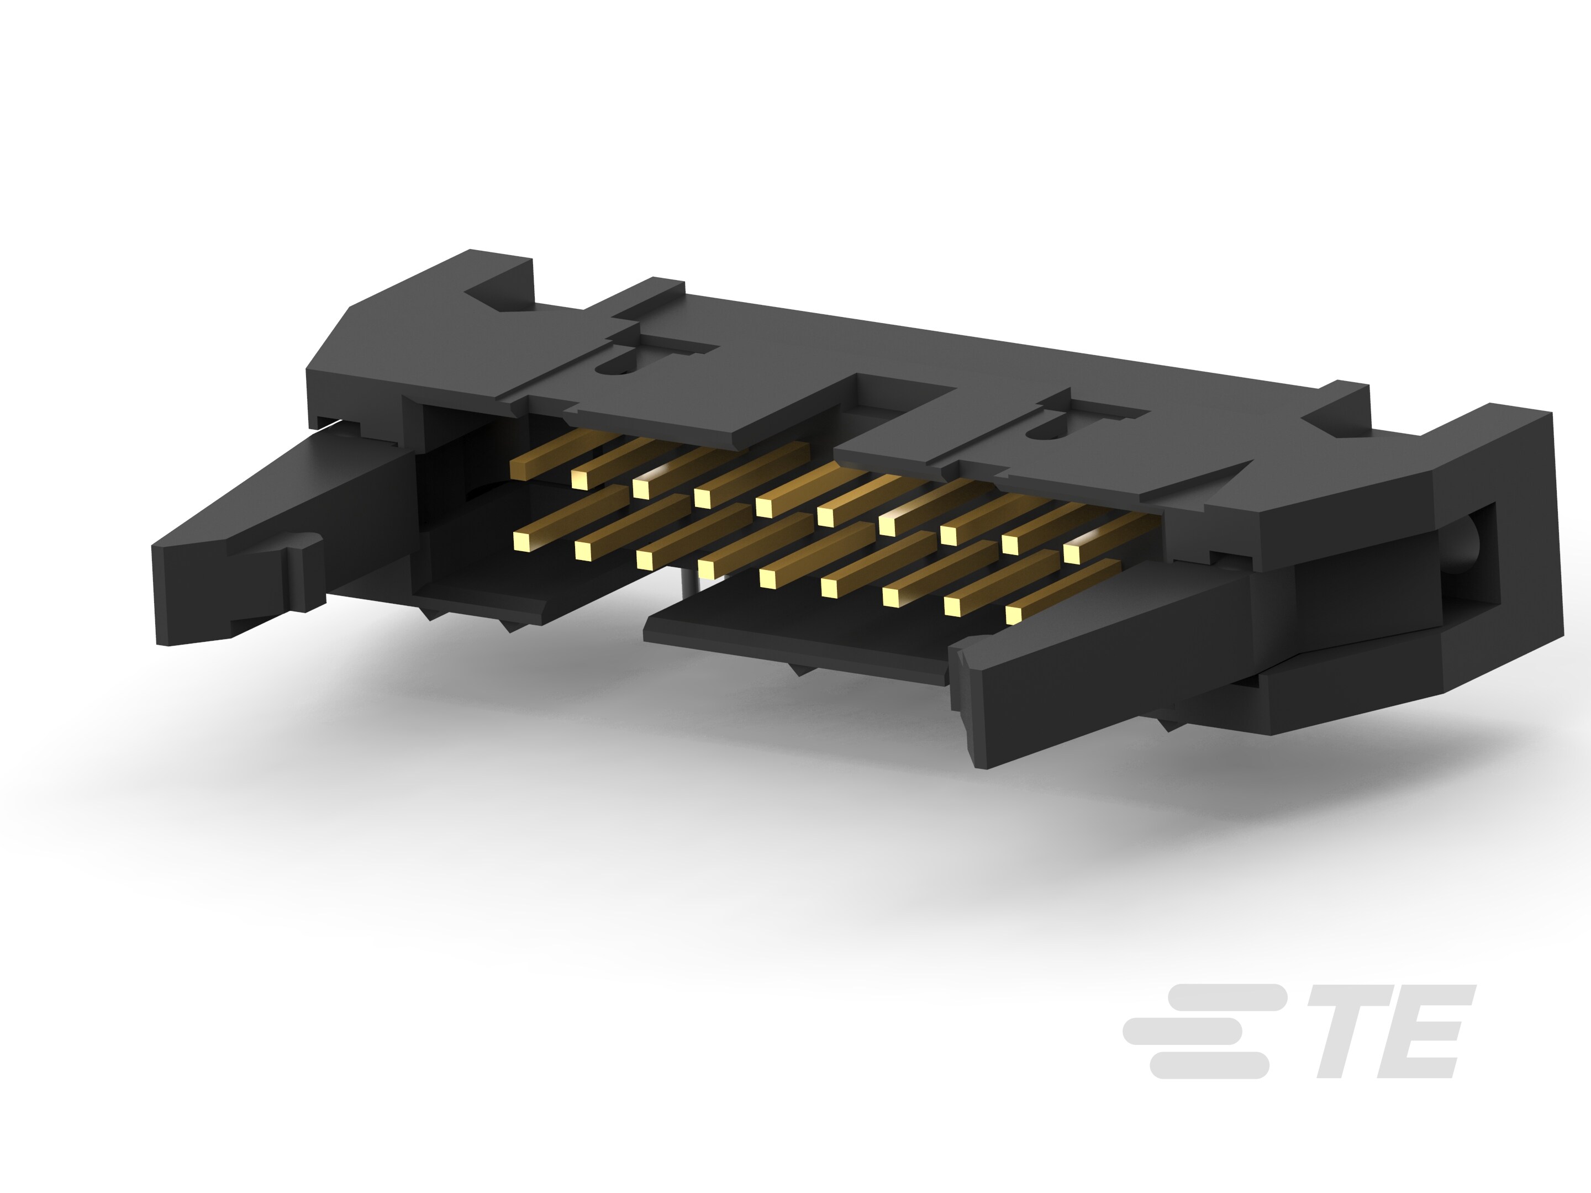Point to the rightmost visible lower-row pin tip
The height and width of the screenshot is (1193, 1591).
point(1014,615)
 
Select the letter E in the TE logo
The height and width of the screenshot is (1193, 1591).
point(1420,1031)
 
